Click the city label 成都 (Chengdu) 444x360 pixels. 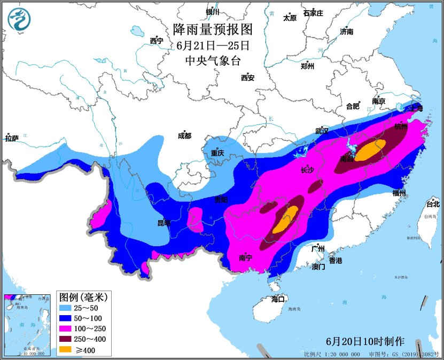click(184, 136)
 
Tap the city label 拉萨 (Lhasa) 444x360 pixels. click(12, 138)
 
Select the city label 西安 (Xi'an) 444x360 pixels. click(248, 77)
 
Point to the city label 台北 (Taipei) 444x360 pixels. click(432, 204)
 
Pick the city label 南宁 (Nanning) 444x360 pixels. click(245, 258)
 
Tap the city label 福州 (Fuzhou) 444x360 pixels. click(399, 193)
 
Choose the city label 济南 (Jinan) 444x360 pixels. click(346, 32)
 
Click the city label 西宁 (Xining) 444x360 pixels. click(157, 41)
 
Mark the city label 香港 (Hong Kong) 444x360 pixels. click(335, 261)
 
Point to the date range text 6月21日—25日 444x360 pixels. click(213, 45)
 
